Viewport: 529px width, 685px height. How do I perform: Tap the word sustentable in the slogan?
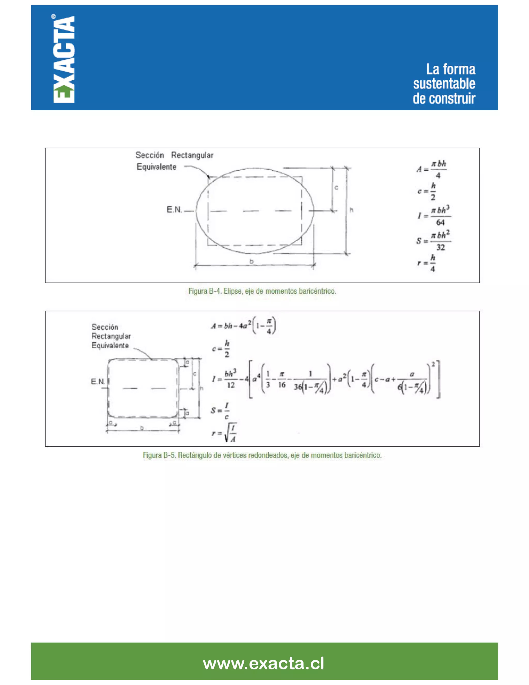coord(444,84)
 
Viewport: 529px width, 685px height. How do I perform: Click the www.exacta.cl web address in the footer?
coord(263,663)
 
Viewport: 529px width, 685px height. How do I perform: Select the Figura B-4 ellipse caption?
coord(262,291)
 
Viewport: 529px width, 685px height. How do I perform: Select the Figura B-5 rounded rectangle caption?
coord(262,455)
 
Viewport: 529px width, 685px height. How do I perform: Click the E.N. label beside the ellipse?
coord(174,210)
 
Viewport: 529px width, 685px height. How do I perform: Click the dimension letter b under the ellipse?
coord(251,261)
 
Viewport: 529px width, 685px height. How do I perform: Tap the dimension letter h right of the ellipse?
coord(352,210)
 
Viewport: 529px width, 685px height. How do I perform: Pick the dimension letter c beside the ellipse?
coord(336,188)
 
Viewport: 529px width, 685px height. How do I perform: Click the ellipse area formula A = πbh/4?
coord(432,169)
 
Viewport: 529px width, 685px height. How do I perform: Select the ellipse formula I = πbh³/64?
coord(434,216)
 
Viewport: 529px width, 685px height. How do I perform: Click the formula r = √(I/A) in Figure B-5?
coord(225,432)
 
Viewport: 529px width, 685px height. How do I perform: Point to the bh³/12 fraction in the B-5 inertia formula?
coord(230,379)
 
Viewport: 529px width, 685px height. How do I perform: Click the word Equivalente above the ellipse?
coord(156,167)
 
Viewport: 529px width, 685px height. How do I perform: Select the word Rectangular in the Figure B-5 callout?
coord(111,336)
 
